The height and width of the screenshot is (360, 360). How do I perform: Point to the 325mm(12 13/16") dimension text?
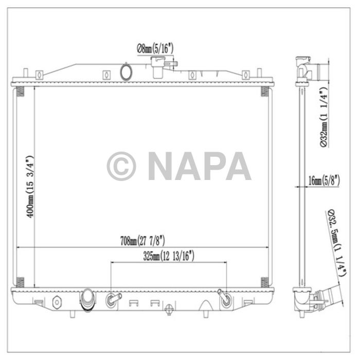(169, 255)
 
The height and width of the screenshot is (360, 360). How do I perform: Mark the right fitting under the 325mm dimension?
(225, 298)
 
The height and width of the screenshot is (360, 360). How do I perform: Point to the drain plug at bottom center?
(169, 310)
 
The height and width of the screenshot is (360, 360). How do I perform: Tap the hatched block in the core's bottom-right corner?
(264, 281)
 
